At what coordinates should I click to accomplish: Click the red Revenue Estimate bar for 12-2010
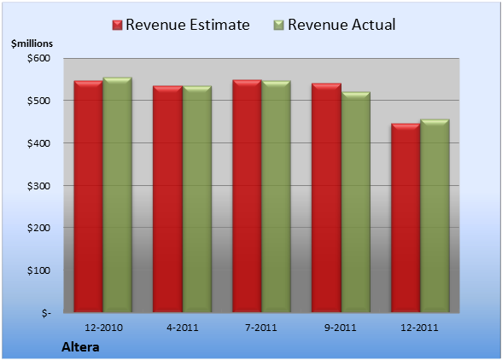tap(89, 196)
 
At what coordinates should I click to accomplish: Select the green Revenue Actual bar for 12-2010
tap(117, 195)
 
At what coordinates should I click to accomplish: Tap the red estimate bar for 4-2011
tap(167, 199)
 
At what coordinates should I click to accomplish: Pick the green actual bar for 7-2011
tap(276, 196)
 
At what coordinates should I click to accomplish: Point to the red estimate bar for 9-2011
tap(326, 197)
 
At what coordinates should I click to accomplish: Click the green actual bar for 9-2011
tap(355, 202)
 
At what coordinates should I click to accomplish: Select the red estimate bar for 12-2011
tap(406, 218)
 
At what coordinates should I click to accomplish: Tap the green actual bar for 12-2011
tap(435, 216)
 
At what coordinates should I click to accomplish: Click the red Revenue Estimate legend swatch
tap(117, 26)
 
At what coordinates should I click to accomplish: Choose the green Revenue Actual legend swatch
tap(279, 26)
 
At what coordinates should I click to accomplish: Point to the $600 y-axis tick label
tap(38, 58)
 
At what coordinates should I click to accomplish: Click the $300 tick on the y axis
tap(38, 186)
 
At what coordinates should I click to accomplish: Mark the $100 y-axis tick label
tap(38, 270)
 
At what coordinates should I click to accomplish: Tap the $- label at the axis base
tap(46, 313)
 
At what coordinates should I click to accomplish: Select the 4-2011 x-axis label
tap(183, 328)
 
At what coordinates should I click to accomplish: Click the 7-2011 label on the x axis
tap(261, 328)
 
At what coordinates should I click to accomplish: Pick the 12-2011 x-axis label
tap(419, 328)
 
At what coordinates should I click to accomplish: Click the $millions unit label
tap(32, 44)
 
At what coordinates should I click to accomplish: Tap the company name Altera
tap(80, 347)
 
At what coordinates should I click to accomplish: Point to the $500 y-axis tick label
tap(38, 101)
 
